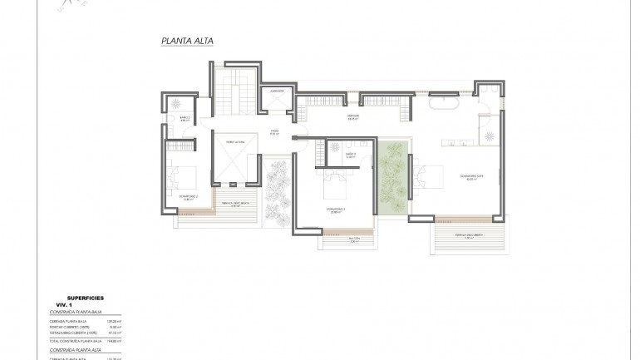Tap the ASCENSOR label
pyautogui.click(x=278, y=91)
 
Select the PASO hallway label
pyautogui.click(x=275, y=131)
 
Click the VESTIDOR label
pyautogui.click(x=352, y=118)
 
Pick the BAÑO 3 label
pyautogui.click(x=350, y=154)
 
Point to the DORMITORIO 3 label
pyautogui.click(x=335, y=210)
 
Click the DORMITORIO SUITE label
pyautogui.click(x=471, y=177)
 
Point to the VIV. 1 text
pyautogui.click(x=54, y=304)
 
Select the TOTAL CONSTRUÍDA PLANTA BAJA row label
pyautogui.click(x=75, y=341)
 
